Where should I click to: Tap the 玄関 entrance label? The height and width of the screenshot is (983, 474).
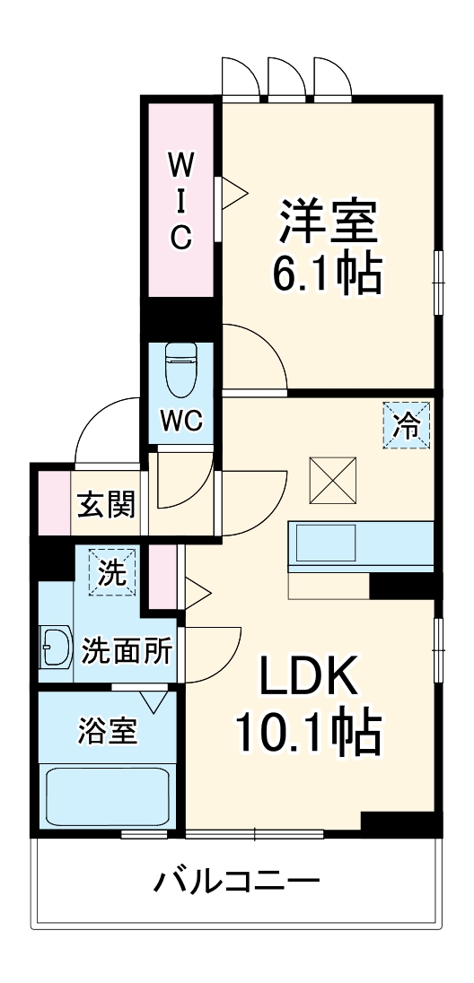pyautogui.click(x=106, y=505)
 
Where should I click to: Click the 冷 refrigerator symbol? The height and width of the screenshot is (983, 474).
pyautogui.click(x=408, y=424)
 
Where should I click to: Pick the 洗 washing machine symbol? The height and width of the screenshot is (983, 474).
pyautogui.click(x=112, y=572)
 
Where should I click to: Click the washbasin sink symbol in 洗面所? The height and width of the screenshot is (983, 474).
pyautogui.click(x=56, y=648)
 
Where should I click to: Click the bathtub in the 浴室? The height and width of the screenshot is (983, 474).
pyautogui.click(x=108, y=797)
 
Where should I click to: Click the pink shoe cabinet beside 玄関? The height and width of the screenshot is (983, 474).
pyautogui.click(x=53, y=503)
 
